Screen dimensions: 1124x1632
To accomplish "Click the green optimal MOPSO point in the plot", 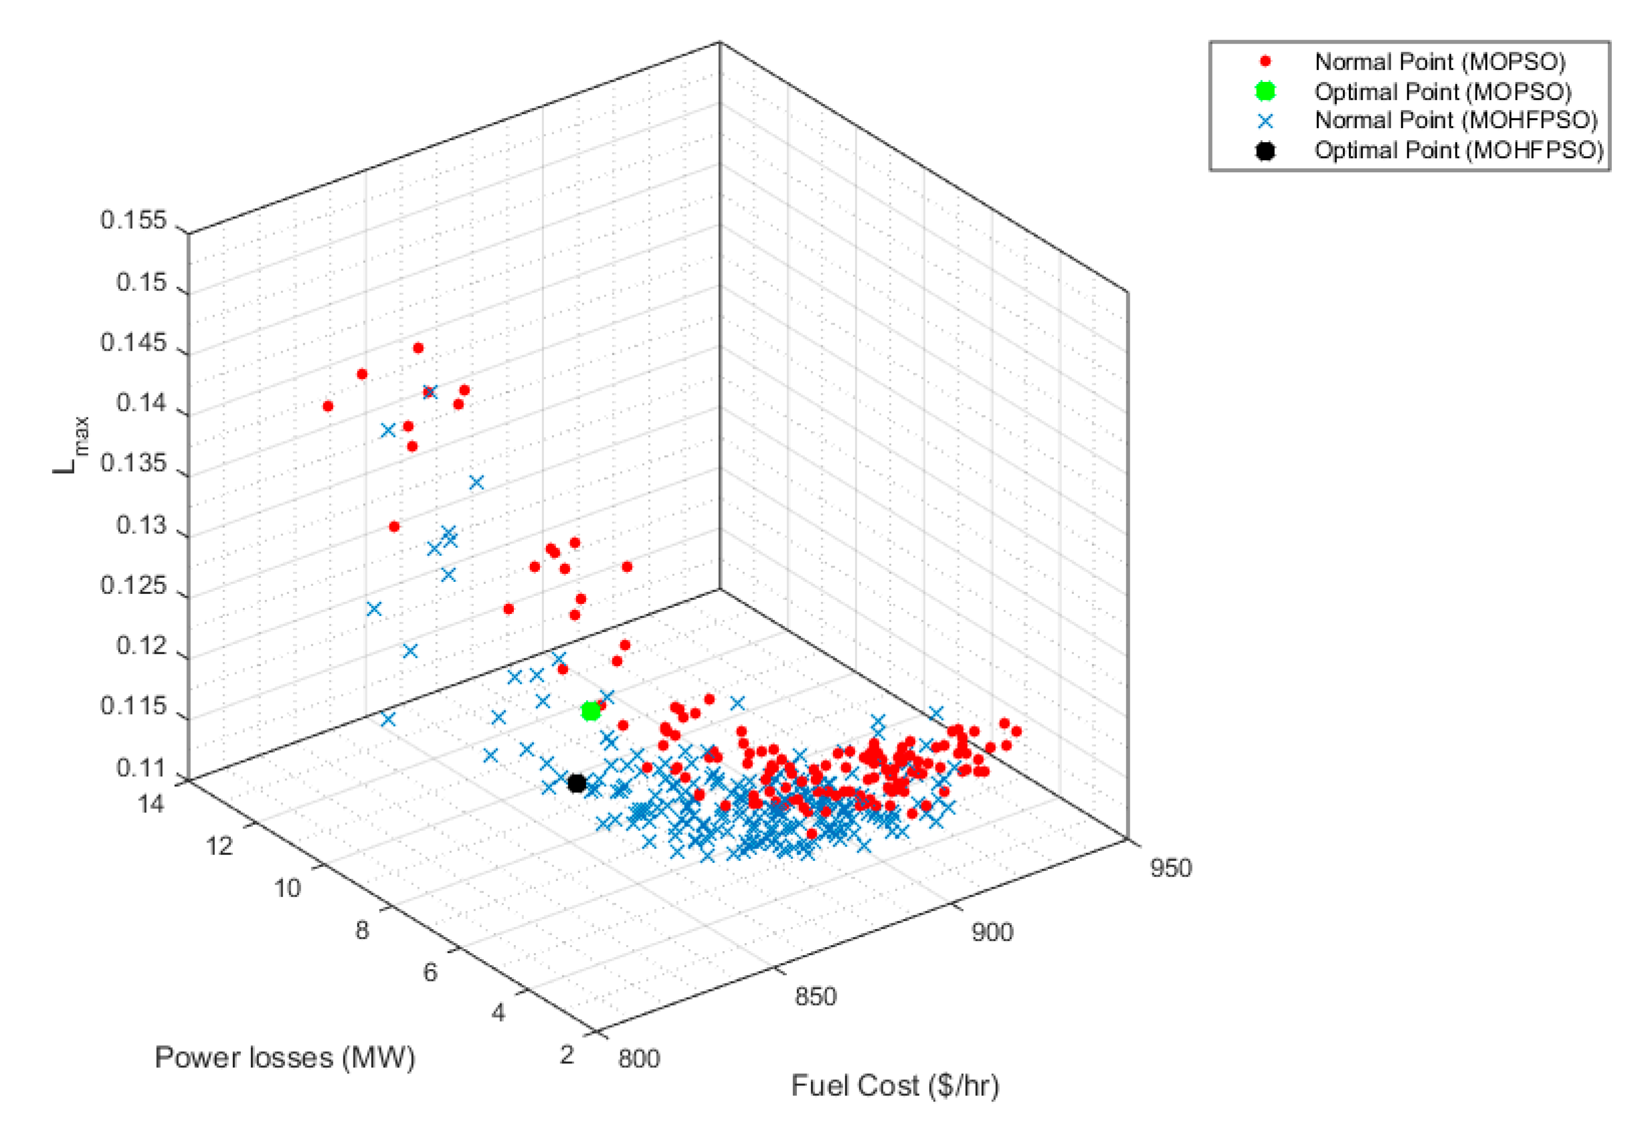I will [591, 711].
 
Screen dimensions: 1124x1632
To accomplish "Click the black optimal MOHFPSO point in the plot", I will [576, 783].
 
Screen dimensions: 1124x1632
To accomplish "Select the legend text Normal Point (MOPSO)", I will [1439, 62].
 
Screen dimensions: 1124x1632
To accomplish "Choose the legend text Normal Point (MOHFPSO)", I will [1456, 121].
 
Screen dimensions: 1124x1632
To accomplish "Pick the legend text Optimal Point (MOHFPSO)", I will [1459, 150].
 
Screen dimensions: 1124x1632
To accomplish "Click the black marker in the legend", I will [1265, 150].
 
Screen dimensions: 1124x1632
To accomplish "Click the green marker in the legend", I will [1265, 91].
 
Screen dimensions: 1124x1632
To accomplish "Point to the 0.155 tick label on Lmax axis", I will [133, 221].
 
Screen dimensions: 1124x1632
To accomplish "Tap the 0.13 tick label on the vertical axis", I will [141, 526].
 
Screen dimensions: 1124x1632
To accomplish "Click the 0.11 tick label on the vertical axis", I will [141, 768].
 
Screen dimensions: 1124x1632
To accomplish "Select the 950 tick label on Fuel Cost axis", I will [1170, 868].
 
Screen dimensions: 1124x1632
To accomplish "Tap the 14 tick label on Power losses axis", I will [151, 803].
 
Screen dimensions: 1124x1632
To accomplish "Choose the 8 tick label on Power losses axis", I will [361, 931].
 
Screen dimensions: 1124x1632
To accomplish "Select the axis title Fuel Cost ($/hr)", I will [895, 1086].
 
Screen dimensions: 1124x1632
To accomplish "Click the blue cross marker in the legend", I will [1265, 121].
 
